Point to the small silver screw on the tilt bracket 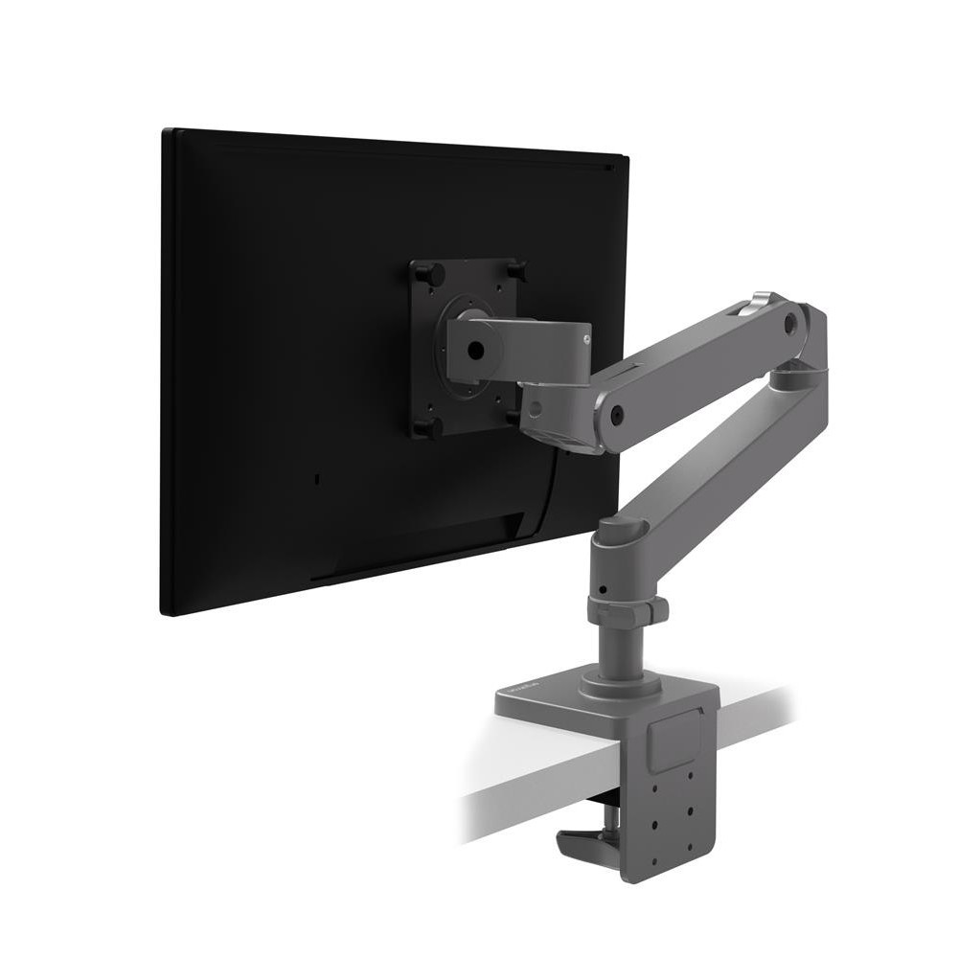[x=585, y=335]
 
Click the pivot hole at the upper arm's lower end [x=618, y=416]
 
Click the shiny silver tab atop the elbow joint [x=763, y=300]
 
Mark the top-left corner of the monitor [x=165, y=131]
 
